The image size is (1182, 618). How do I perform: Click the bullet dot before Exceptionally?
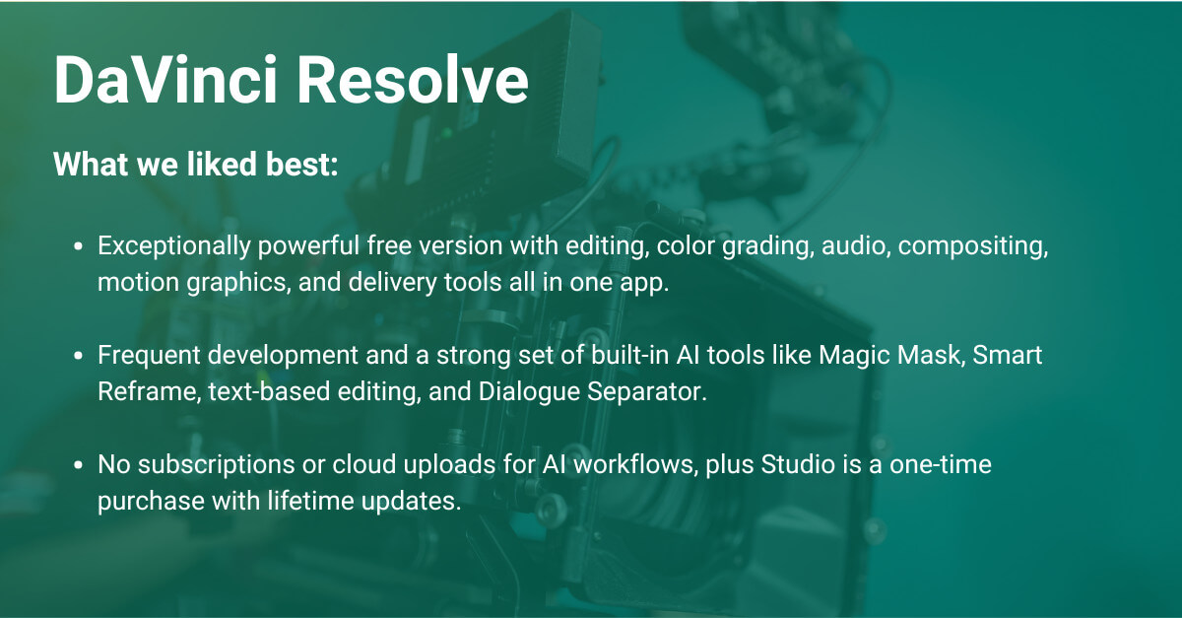click(x=78, y=247)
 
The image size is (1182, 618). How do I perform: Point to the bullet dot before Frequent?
click(x=78, y=356)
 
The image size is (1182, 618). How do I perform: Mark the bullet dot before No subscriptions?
click(x=78, y=465)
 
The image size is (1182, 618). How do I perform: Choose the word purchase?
click(x=139, y=500)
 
